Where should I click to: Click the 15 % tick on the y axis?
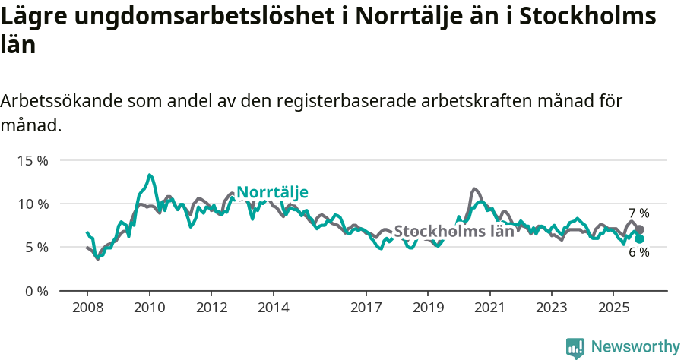pos(32,160)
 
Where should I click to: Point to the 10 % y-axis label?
pos(32,204)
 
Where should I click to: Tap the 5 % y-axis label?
pos(36,247)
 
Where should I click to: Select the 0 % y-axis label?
pos(36,291)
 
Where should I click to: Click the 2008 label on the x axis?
pos(87,307)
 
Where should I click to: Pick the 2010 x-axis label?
pos(149,307)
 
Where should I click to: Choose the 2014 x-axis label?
pos(273,307)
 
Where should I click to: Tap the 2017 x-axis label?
pos(366,307)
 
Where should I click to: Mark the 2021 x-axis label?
pos(489,307)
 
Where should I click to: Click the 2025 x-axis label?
pos(613,307)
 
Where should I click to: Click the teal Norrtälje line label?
pos(272,193)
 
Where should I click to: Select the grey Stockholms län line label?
pos(454,232)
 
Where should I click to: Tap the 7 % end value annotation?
pos(638,213)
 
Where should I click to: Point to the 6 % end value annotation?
pos(638,252)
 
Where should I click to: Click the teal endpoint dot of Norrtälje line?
pos(639,238)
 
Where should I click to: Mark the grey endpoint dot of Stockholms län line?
pos(639,229)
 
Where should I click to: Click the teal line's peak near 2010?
pos(150,175)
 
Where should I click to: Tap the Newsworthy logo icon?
pos(575,348)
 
